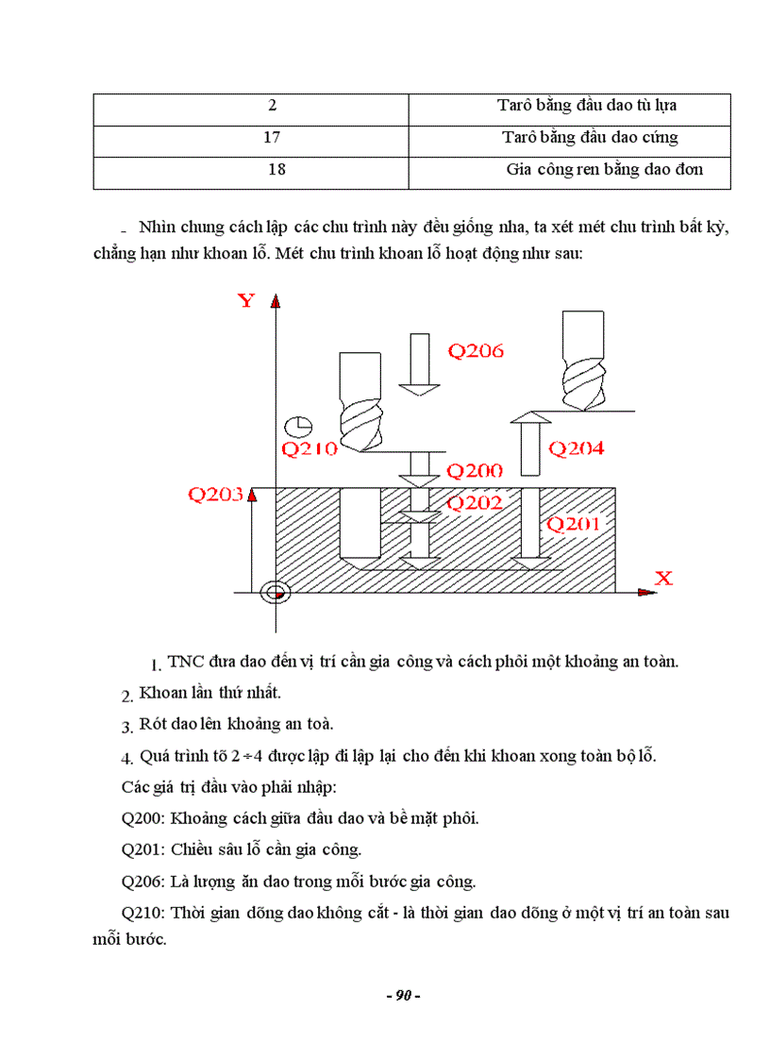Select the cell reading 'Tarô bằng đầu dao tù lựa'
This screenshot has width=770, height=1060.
click(x=587, y=106)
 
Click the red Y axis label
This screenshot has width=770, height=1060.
click(x=246, y=301)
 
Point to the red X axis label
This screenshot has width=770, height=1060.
click(x=663, y=578)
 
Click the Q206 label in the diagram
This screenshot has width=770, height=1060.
click(x=476, y=351)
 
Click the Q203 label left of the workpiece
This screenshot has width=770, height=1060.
click(x=216, y=494)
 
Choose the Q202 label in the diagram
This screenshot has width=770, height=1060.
click(x=475, y=503)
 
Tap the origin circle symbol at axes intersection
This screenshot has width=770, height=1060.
click(x=276, y=592)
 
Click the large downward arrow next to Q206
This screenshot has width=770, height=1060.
click(x=416, y=364)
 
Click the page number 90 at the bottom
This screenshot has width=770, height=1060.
click(x=402, y=995)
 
